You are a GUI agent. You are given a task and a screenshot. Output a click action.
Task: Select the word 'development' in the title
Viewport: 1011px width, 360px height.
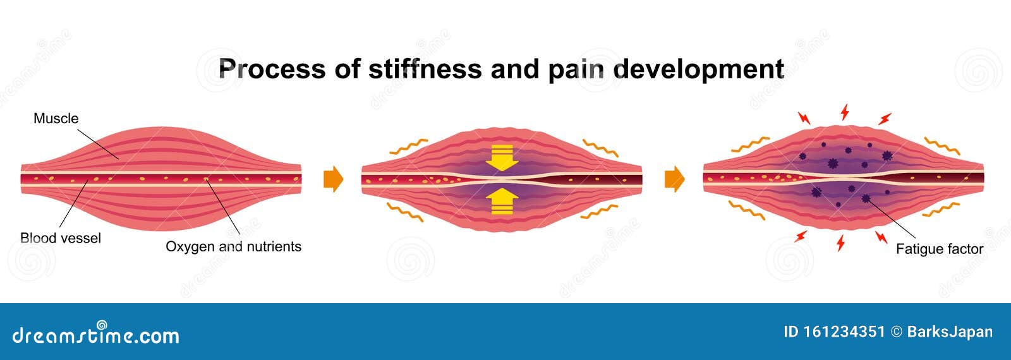tap(698, 68)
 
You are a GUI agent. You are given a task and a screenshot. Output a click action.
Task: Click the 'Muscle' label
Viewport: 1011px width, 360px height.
tap(56, 118)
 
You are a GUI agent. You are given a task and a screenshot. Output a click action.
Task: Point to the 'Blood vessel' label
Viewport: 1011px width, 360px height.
tap(61, 238)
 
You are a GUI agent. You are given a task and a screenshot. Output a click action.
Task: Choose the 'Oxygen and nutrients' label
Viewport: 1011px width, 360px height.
tap(233, 246)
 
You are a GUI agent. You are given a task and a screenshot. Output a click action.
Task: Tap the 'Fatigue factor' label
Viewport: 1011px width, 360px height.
tap(939, 249)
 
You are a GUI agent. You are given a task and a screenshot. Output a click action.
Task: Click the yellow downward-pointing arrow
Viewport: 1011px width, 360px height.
tap(502, 157)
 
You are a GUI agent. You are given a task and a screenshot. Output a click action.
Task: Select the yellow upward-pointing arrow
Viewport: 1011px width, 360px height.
tap(502, 201)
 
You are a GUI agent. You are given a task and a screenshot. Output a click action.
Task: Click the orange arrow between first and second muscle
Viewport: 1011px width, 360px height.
tap(333, 180)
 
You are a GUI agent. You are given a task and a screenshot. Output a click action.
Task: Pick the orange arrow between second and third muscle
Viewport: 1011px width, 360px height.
tap(674, 180)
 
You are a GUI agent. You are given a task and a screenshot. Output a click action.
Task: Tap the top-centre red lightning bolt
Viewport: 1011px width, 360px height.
tap(844, 113)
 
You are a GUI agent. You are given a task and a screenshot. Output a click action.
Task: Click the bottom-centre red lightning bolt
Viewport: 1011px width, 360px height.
tap(841, 243)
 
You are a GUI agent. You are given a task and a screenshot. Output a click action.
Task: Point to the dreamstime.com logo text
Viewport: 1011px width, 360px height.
tap(96, 335)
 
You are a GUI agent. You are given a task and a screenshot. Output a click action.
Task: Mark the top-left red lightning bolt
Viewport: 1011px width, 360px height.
tap(804, 118)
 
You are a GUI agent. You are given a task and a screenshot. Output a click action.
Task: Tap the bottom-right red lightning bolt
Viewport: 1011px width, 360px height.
tap(881, 237)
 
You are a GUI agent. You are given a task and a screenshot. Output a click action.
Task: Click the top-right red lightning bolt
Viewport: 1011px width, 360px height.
tap(885, 118)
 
